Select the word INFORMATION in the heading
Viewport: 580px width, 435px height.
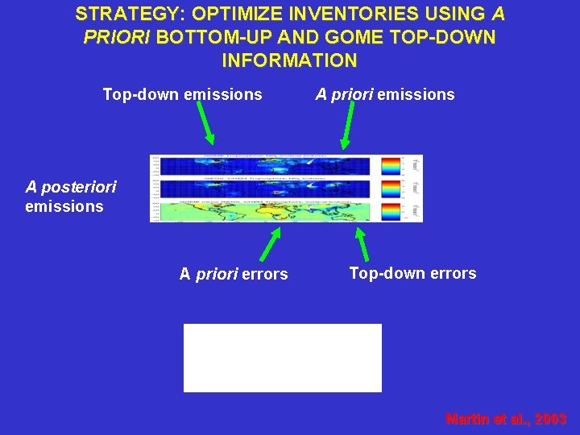(289, 60)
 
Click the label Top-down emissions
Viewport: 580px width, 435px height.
(182, 95)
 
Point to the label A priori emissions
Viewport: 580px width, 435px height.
(385, 95)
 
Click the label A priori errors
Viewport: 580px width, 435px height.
(233, 275)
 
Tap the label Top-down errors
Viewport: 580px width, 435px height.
(412, 273)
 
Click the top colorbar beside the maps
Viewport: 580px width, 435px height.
(391, 165)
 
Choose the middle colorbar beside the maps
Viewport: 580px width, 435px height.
(391, 189)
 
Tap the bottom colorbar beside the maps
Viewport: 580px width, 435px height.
(391, 211)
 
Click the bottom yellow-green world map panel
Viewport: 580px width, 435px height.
(266, 212)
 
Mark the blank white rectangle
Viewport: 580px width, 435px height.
(282, 358)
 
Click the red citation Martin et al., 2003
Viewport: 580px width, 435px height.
(506, 419)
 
